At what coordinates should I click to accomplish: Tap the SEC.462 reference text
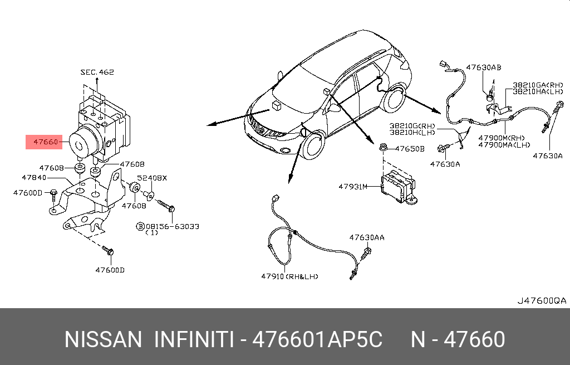[x=97, y=72]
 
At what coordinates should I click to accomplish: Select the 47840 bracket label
[x=34, y=178]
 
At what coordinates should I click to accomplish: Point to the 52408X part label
[x=152, y=178]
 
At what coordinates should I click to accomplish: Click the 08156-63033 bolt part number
[x=173, y=226]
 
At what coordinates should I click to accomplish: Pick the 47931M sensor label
[x=353, y=187]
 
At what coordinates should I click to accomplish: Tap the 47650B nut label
[x=410, y=149]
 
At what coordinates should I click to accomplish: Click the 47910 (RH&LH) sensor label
[x=289, y=276]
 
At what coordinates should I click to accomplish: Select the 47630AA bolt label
[x=367, y=237]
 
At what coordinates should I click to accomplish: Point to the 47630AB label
[x=484, y=67]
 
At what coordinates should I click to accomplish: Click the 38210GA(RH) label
[x=538, y=85]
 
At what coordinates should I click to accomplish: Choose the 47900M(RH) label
[x=502, y=138]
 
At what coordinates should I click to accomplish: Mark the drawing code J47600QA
[x=542, y=301]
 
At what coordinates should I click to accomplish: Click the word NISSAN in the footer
[x=103, y=339]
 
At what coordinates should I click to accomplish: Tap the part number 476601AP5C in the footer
[x=317, y=339]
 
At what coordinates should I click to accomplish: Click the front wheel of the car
[x=312, y=145]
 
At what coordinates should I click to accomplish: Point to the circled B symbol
[x=140, y=226]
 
